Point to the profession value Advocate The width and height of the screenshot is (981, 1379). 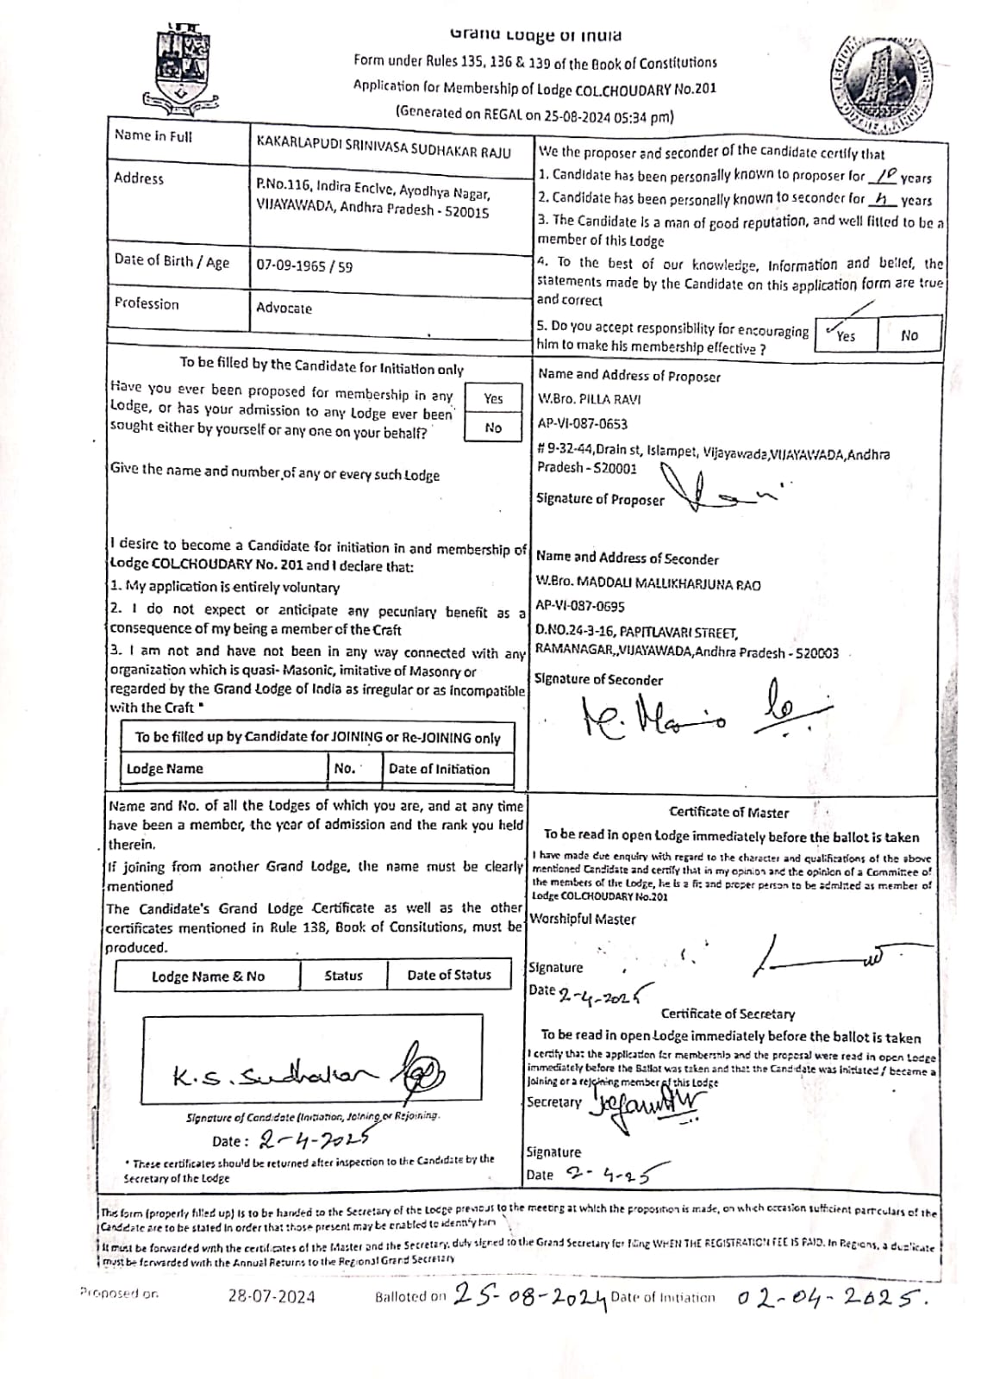pos(284,308)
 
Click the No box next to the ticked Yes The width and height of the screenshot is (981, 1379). pos(909,335)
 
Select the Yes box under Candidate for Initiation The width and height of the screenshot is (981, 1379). pos(493,398)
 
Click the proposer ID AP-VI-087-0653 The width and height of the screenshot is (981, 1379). pos(582,424)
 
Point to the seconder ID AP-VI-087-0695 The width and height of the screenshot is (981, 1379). pos(580,607)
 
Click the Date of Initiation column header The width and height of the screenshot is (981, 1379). pos(439,769)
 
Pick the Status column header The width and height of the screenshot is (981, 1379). pos(343,976)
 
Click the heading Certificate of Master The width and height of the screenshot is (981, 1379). pos(728,812)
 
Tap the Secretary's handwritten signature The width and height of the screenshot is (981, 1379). pos(647,1103)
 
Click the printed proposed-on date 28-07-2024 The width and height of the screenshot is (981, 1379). pos(272,1295)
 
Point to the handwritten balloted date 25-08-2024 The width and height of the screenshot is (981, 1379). pos(529,1295)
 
